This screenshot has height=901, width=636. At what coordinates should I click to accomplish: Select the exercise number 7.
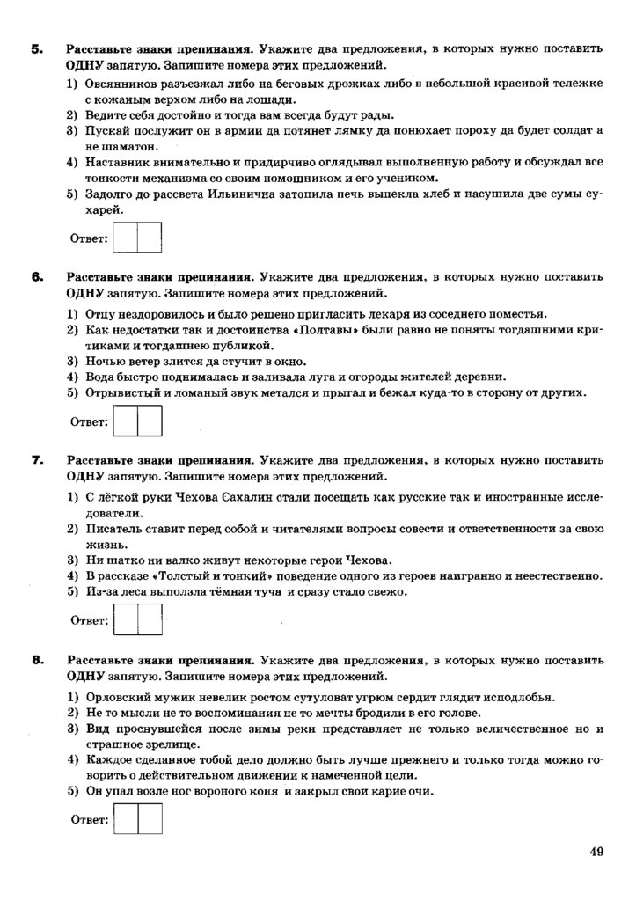(36, 460)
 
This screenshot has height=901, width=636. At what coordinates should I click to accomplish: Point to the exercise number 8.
(36, 659)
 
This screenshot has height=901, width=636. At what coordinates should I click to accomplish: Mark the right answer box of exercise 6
(150, 421)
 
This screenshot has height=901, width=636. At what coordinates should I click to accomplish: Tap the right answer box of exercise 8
(150, 820)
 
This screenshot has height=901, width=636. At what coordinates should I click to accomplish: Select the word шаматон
(111, 147)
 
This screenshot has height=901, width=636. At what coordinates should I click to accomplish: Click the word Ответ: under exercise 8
(89, 820)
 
